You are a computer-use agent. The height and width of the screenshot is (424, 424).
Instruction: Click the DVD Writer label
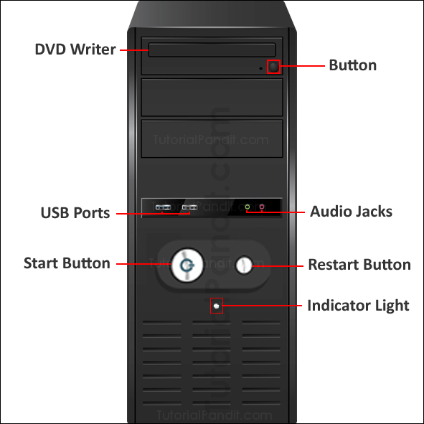click(x=75, y=50)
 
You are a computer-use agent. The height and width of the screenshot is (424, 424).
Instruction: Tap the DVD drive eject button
click(x=273, y=67)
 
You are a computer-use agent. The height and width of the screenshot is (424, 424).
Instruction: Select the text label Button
click(x=352, y=65)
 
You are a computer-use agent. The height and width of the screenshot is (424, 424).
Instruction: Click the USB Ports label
click(x=75, y=213)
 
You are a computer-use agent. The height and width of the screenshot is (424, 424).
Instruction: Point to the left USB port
click(x=163, y=208)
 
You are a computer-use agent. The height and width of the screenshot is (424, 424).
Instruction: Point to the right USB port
click(x=189, y=208)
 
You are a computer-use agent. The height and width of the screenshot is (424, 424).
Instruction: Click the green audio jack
click(x=248, y=208)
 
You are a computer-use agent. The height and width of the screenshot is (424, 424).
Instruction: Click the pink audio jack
click(x=263, y=208)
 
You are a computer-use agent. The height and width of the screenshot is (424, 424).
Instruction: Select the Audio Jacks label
click(x=351, y=212)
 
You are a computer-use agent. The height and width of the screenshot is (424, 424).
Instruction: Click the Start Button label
click(x=67, y=263)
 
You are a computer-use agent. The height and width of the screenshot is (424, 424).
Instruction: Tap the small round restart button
click(x=245, y=265)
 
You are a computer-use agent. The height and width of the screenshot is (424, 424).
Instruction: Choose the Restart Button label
click(x=359, y=265)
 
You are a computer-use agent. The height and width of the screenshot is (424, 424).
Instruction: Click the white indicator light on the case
click(x=216, y=306)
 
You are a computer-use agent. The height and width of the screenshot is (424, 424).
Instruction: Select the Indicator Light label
click(x=358, y=306)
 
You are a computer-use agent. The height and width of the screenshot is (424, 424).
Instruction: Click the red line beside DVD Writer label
click(x=133, y=50)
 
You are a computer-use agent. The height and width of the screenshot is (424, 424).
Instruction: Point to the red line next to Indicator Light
click(x=263, y=306)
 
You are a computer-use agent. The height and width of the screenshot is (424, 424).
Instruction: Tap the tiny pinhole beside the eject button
click(x=260, y=70)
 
